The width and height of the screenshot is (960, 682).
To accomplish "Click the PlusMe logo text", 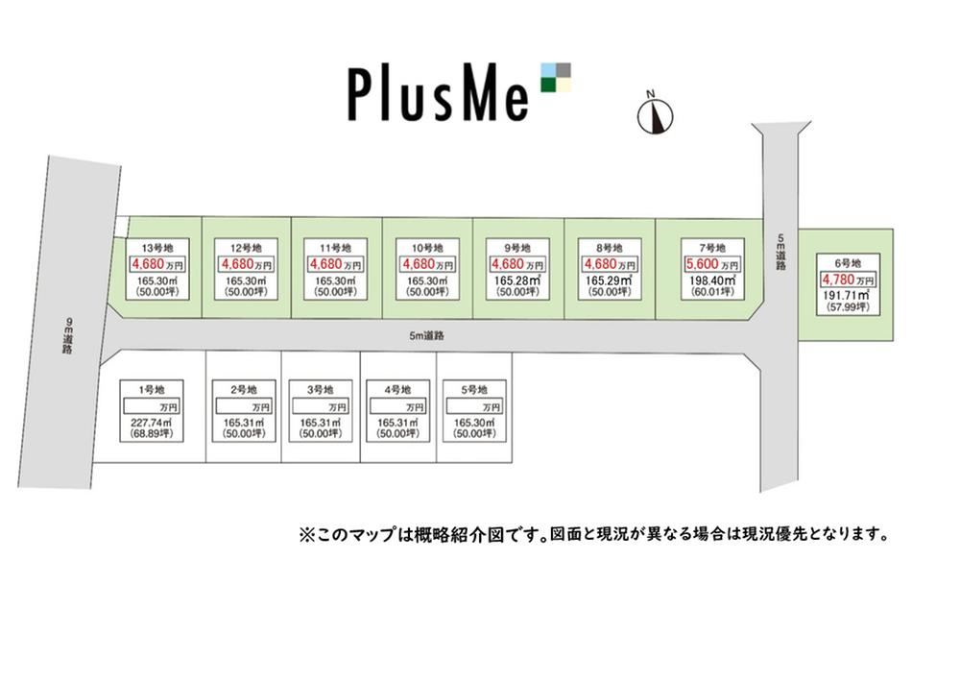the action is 438,94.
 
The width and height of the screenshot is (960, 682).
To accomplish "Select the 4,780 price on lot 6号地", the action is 837,280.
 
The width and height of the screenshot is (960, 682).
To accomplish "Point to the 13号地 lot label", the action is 157,248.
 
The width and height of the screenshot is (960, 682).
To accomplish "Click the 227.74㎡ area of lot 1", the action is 152,423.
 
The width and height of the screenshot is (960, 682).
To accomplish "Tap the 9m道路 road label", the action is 67,335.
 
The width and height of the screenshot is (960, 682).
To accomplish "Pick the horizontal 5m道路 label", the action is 427,336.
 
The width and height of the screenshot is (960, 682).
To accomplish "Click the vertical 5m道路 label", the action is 780,253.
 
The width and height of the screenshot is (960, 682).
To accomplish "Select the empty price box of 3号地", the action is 320,406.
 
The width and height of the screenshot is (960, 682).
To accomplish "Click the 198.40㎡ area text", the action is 712,280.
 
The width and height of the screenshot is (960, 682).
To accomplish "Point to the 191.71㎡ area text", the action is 848,295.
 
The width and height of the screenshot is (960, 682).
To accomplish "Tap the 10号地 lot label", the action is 427,248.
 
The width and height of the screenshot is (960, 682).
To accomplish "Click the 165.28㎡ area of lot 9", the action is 517,280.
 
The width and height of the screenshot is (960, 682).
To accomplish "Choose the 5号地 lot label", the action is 474,390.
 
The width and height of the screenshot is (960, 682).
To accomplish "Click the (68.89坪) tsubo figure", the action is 152,434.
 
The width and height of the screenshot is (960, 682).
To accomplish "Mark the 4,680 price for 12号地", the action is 236,264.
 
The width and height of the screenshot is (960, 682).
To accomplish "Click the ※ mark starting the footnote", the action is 306,534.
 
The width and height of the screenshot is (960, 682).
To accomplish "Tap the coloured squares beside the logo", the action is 556,77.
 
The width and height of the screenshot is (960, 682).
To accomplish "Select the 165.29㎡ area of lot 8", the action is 610,280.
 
